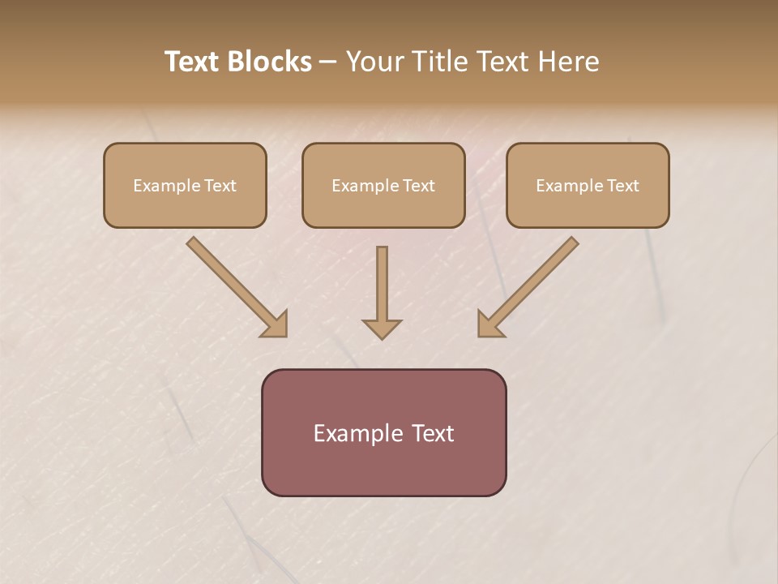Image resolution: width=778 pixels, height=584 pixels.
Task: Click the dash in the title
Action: pyautogui.click(x=328, y=62)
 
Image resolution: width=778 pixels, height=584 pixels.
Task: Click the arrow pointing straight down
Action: pyautogui.click(x=382, y=292)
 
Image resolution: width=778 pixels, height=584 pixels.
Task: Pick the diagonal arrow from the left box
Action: pyautogui.click(x=237, y=287)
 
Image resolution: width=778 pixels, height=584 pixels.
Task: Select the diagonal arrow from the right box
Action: pyautogui.click(x=528, y=287)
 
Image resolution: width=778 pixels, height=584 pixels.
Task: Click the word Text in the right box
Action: pyautogui.click(x=622, y=186)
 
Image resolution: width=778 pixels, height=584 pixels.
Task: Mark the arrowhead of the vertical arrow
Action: pyautogui.click(x=382, y=328)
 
